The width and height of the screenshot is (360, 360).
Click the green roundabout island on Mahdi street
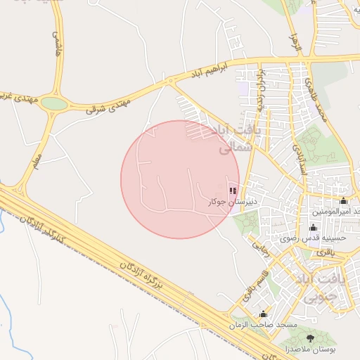[x=53, y=104]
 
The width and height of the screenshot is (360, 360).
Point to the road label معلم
[x=36, y=161]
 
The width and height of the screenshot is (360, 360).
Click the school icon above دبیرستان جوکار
[x=233, y=191]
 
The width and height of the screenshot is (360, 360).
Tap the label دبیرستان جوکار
[x=233, y=201]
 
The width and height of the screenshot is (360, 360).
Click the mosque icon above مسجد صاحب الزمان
[x=263, y=314]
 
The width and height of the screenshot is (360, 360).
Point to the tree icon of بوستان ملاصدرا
[x=311, y=338]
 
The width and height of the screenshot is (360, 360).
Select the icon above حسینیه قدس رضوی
[x=313, y=228]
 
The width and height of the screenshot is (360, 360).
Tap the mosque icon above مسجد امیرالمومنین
[x=343, y=201]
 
